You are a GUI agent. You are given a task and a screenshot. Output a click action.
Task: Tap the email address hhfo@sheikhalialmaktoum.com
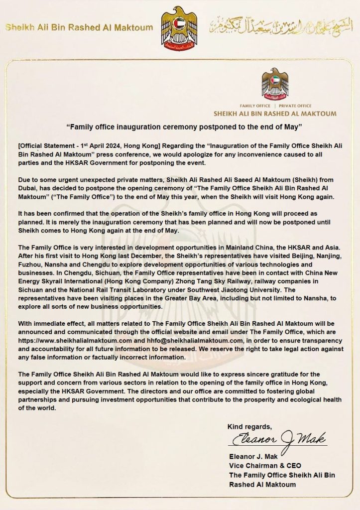(x=186, y=340)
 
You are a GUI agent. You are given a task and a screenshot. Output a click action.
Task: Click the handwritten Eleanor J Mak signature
(x=279, y=439)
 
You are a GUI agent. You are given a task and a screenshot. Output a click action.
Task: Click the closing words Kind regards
(x=250, y=426)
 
